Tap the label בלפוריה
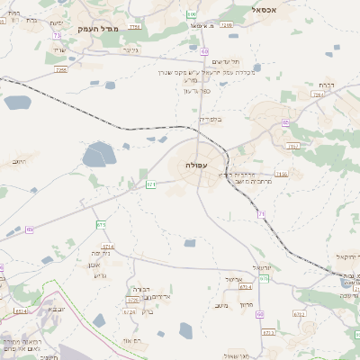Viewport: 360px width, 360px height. (209, 118)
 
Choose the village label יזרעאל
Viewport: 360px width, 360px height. (261, 267)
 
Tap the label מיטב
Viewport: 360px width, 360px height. (221, 305)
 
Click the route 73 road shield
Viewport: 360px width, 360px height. (57, 35)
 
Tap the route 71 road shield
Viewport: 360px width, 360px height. (261, 213)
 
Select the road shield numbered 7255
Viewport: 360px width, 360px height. (61, 69)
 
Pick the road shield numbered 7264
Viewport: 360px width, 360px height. (317, 94)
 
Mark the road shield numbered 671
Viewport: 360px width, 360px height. (151, 184)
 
